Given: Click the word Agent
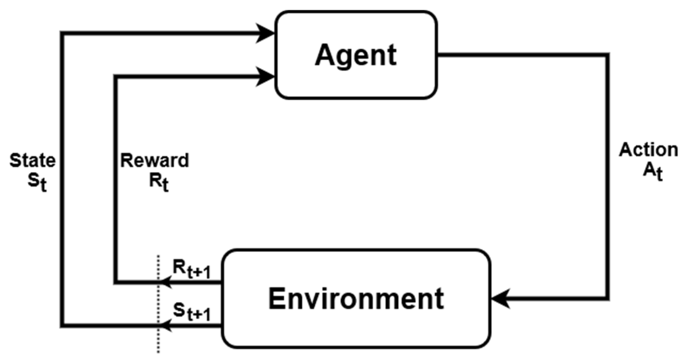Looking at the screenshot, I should tap(355, 55).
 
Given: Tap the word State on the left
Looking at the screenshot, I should tap(32, 161).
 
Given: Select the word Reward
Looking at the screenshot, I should tap(154, 161).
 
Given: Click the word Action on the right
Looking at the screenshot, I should tap(648, 150).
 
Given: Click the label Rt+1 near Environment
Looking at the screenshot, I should tap(191, 269).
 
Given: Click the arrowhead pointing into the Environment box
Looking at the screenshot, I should tap(500, 299).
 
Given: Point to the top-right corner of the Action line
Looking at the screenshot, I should tap(607, 55).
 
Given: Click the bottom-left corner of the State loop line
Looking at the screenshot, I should tap(62, 326).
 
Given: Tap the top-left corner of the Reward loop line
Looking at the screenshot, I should tap(115, 77).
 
